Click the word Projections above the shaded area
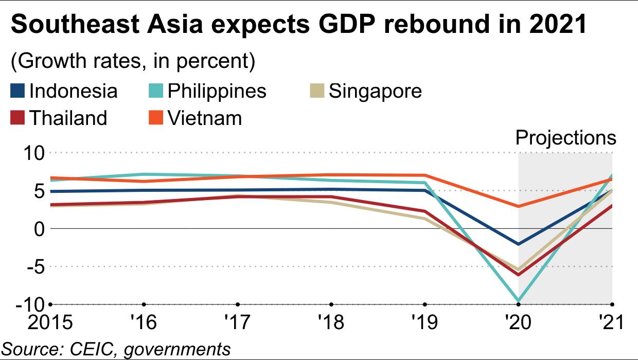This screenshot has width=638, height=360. click(x=565, y=138)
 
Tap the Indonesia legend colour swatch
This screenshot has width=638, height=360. click(x=17, y=91)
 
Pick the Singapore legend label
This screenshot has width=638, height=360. click(x=375, y=91)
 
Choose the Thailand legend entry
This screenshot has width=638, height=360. click(x=68, y=118)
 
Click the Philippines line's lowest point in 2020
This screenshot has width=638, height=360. click(x=518, y=300)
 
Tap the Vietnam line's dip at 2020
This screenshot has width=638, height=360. click(x=518, y=206)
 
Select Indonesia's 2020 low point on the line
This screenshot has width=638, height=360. click(x=518, y=244)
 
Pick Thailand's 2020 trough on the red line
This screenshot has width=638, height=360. click(x=518, y=275)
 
